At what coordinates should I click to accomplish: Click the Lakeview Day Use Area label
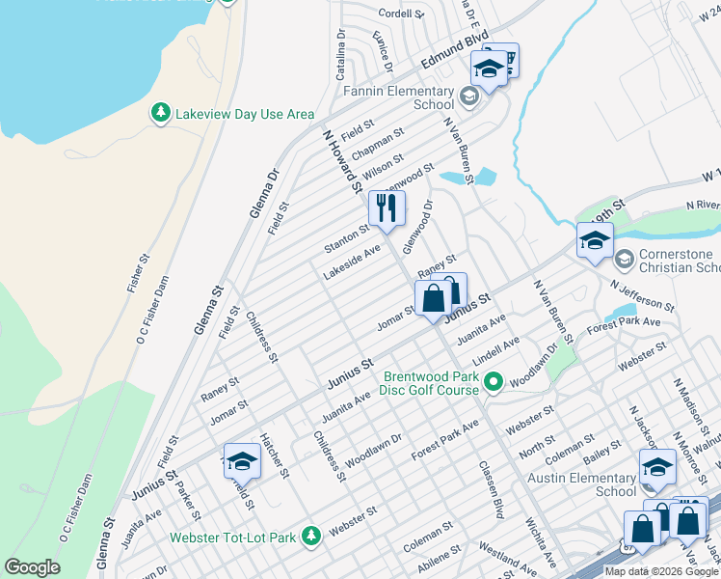[245, 114]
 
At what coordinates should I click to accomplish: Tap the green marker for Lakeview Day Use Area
[161, 114]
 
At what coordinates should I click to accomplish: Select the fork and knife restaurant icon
[387, 207]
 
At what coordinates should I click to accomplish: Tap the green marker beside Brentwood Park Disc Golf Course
[494, 383]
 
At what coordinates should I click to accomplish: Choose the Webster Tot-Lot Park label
[232, 537]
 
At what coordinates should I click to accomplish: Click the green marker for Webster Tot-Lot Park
[310, 536]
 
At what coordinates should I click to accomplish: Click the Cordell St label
[401, 14]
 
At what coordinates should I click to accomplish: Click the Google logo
[33, 567]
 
